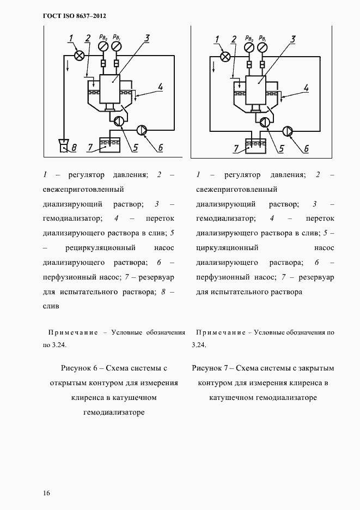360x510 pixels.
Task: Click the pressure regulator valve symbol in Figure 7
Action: click(225, 56)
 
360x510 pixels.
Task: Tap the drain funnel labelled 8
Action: click(64, 145)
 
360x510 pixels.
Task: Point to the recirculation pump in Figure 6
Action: click(118, 123)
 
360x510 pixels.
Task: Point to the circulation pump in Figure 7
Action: click(264, 123)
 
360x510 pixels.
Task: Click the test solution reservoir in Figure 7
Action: click(255, 147)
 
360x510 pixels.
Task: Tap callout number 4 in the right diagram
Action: click(306, 87)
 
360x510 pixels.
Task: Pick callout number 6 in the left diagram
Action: click(161, 148)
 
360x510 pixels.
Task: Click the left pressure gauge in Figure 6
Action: click(102, 48)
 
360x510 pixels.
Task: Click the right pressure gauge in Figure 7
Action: click(263, 48)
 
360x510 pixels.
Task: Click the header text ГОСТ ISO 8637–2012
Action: click(74, 16)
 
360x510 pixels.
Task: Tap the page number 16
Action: click(47, 493)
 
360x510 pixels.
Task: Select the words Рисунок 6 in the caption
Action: click(81, 368)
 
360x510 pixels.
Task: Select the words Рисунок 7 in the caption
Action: click(211, 368)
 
